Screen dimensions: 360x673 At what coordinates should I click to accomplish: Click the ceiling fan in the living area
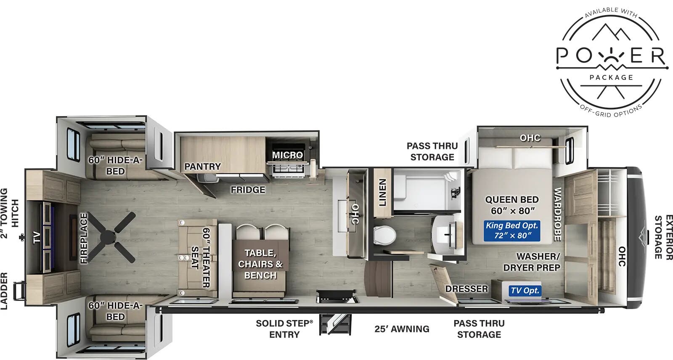(113, 237)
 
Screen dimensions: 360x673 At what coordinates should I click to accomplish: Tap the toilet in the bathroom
(385, 235)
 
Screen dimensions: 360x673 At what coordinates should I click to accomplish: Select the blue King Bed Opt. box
(511, 230)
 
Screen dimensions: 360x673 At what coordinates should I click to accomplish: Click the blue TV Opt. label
(525, 290)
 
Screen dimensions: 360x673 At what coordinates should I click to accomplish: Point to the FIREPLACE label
(84, 238)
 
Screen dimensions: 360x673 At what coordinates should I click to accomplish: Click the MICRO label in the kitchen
(287, 155)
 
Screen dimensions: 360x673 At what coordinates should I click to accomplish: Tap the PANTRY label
(202, 167)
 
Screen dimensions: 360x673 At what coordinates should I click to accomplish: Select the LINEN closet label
(382, 192)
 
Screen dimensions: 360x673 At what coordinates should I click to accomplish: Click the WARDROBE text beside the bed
(557, 214)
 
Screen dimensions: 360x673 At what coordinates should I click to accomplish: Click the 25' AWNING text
(402, 329)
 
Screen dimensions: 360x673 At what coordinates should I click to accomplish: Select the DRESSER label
(466, 289)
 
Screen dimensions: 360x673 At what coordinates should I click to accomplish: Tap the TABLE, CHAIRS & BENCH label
(260, 264)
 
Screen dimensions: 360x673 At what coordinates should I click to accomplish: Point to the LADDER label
(4, 291)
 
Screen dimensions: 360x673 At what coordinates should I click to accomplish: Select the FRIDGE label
(248, 190)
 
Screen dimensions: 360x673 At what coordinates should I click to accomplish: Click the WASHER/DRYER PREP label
(532, 262)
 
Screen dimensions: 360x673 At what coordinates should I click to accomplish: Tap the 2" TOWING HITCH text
(9, 213)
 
